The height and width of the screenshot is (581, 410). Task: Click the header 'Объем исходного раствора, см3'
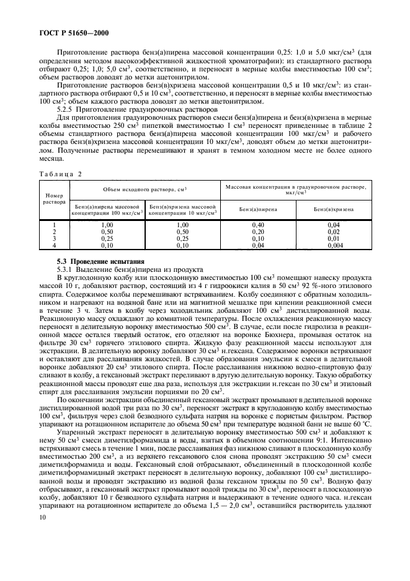(x=145, y=187)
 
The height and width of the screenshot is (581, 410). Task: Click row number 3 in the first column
(x=55, y=238)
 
